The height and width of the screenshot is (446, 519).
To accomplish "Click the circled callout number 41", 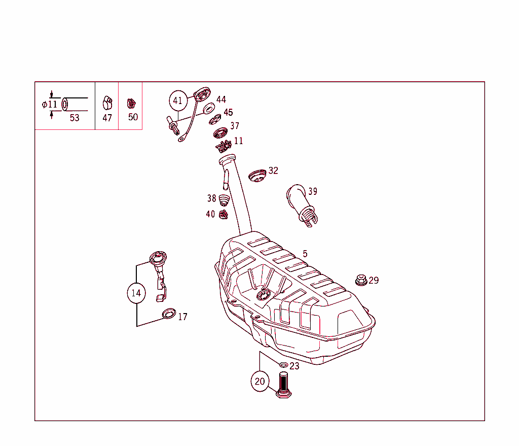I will tap(177, 100).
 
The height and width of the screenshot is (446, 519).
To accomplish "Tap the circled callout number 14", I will tap(136, 293).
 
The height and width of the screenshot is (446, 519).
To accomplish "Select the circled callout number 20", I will tap(260, 382).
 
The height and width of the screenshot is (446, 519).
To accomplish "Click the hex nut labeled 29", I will tap(360, 280).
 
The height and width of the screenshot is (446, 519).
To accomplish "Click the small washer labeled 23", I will tap(283, 365).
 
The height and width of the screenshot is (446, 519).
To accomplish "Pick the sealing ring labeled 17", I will tap(168, 314).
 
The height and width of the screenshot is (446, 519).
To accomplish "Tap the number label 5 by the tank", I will tap(305, 254).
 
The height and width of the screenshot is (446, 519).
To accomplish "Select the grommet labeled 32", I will tap(257, 176).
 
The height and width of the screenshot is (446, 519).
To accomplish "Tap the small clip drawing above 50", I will tap(131, 103).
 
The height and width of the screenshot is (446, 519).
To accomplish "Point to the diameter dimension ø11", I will tap(50, 105).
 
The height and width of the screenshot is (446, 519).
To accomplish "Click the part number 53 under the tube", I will tap(75, 118).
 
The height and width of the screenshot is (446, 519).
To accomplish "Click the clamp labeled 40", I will tap(223, 215).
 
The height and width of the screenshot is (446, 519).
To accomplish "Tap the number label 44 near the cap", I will tap(221, 99).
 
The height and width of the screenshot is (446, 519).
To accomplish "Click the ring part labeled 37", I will tap(220, 133).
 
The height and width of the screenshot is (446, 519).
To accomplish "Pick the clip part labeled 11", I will tap(223, 146).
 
